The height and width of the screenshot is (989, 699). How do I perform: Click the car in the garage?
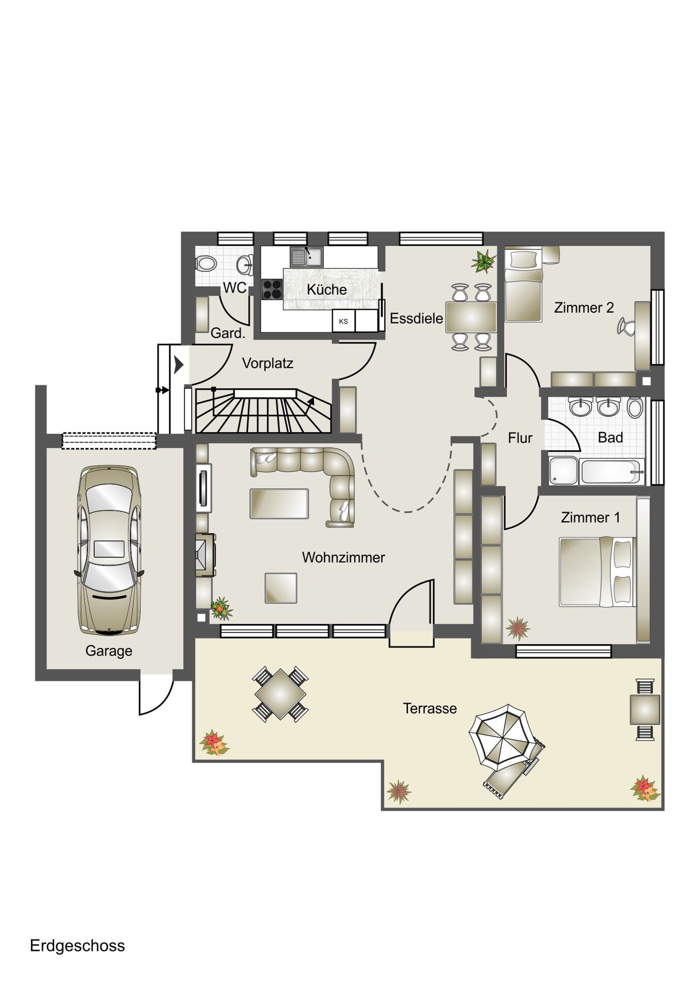click(x=109, y=550)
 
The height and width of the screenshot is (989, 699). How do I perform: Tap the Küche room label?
click(x=327, y=289)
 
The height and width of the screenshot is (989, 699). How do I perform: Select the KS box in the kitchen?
click(x=344, y=321)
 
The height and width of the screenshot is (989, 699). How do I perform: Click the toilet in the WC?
click(x=206, y=264)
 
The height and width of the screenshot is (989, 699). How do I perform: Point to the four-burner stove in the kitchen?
click(x=272, y=289)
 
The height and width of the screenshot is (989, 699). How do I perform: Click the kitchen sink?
click(x=306, y=257)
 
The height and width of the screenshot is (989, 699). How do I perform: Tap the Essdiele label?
click(x=416, y=318)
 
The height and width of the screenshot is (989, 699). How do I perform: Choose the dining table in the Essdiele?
click(x=471, y=317)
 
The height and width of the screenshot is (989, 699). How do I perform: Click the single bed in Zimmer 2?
click(x=523, y=285)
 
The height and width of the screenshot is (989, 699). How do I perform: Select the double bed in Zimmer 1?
click(x=598, y=572)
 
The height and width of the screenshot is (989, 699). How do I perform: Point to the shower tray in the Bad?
click(x=564, y=470)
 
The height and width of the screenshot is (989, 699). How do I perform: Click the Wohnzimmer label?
click(x=343, y=557)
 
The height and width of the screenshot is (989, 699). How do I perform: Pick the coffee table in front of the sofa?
click(x=279, y=504)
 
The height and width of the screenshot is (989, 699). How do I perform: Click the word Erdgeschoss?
click(x=77, y=946)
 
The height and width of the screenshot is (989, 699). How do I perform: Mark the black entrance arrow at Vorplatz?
click(x=179, y=365)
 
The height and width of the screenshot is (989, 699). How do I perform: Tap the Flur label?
click(x=520, y=438)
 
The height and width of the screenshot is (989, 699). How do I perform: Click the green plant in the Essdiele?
click(x=483, y=261)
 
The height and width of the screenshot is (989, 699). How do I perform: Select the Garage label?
click(x=109, y=651)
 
